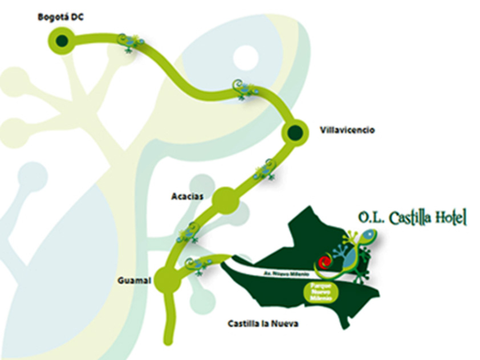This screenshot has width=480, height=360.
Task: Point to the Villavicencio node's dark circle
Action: coord(295,133)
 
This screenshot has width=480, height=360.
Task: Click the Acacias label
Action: coord(185,197)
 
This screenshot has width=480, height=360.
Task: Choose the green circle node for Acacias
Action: coord(224,200)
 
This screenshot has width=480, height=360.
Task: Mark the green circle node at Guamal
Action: coord(166,280)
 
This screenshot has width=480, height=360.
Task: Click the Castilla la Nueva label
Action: coord(263,324)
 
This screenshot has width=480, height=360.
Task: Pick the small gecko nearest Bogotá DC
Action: coord(131,42)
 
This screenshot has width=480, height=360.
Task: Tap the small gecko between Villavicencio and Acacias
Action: coord(265,169)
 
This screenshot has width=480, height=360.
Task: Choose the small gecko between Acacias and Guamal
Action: coord(188,232)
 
